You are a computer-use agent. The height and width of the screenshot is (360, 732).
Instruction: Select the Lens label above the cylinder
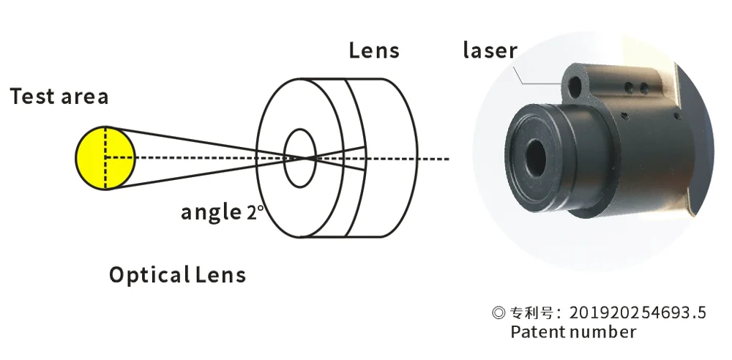(374, 50)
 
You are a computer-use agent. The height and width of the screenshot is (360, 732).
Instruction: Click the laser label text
(490, 50)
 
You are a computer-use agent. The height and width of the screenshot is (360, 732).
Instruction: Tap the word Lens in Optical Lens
(221, 275)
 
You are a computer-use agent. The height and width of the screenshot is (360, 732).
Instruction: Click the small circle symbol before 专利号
(498, 313)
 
